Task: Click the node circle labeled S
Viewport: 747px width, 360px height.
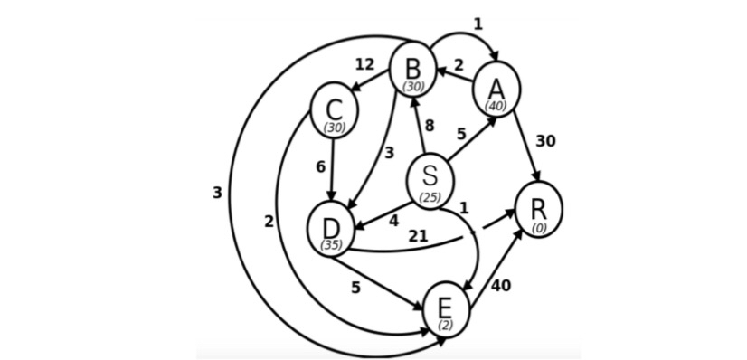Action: (x=430, y=179)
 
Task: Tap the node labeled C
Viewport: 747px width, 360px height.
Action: (x=334, y=110)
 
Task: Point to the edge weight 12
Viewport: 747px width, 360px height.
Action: (x=364, y=64)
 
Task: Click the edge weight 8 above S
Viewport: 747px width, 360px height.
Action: (x=430, y=126)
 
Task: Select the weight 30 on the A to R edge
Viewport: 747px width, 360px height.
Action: (x=545, y=141)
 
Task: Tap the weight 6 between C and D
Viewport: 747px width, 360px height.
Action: (x=320, y=166)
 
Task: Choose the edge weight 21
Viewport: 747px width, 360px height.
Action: (x=418, y=235)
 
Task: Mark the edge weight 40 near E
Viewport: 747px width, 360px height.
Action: (x=500, y=286)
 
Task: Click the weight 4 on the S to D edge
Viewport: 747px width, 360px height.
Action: (x=393, y=220)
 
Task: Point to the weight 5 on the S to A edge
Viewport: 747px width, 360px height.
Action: (x=461, y=134)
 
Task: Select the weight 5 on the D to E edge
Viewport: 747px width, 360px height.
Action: (x=356, y=289)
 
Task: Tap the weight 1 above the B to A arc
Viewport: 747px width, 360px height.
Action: (x=478, y=24)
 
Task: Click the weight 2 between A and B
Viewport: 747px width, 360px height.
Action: (x=459, y=65)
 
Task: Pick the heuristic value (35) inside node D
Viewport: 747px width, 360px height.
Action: (x=331, y=244)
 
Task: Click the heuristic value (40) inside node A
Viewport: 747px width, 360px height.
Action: (x=495, y=106)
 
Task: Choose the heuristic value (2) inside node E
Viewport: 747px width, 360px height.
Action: (x=446, y=324)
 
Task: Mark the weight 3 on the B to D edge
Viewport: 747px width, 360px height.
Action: (x=389, y=153)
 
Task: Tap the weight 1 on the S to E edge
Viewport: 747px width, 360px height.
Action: (x=464, y=207)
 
